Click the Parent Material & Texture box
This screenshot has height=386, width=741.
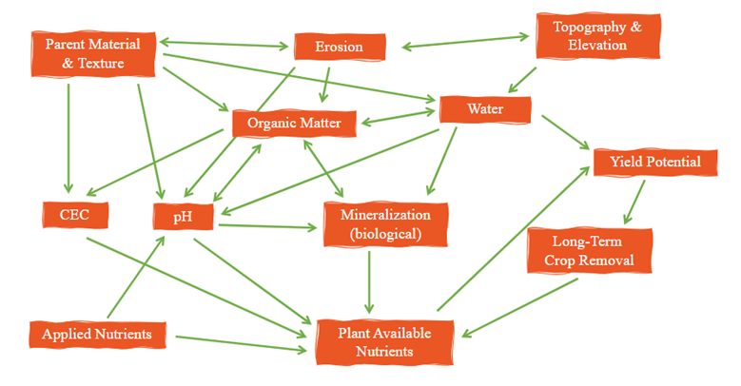(92, 54)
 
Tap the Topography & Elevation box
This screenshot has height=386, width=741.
(597, 36)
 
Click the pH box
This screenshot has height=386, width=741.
(184, 217)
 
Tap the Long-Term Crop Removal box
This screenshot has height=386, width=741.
(589, 250)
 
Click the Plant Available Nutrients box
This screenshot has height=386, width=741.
(384, 342)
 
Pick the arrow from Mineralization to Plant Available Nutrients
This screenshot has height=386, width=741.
(369, 280)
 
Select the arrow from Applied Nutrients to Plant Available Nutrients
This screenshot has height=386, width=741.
(243, 342)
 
